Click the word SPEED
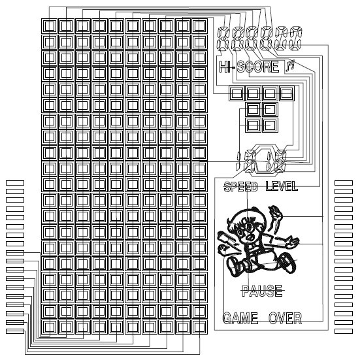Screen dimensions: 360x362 tap(241, 186)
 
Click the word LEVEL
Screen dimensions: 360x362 tap(282, 186)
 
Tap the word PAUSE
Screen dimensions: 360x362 tap(262, 291)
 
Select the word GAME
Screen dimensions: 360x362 tap(240, 318)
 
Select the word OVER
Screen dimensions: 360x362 tap(286, 318)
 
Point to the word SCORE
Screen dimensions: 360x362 tap(258, 67)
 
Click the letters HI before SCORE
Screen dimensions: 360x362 tap(225, 67)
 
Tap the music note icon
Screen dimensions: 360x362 tap(290, 65)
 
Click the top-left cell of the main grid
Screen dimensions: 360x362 tap(50, 26)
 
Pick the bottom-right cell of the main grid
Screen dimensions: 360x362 tap(199, 327)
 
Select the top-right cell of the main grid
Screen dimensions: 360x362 tap(199, 26)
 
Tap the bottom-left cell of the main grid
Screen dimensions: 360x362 tap(50, 327)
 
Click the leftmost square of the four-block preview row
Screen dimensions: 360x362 tap(237, 93)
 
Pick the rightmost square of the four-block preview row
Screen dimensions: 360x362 tap(287, 93)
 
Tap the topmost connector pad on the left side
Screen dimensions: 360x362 tap(15, 183)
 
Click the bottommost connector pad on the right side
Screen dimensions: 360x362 tap(344, 331)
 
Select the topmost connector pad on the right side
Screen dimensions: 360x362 tap(344, 183)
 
